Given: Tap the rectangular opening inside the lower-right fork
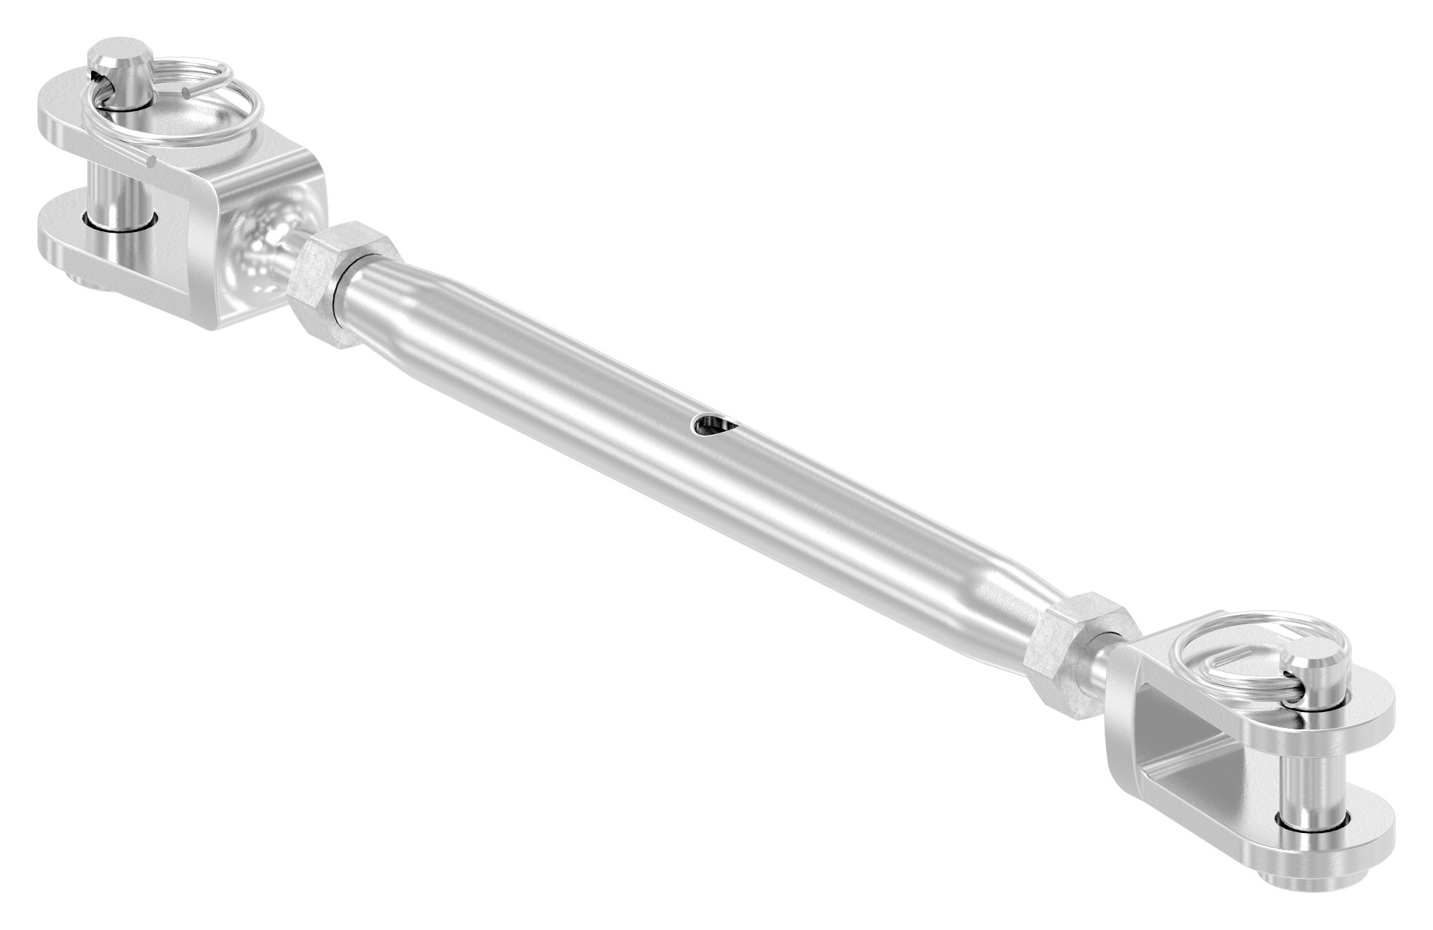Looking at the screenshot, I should pos(1211,751).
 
